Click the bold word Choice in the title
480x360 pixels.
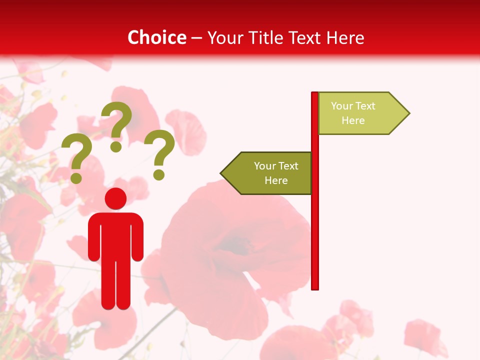[156, 37]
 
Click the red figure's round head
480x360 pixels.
[115, 198]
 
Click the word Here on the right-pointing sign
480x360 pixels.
[353, 120]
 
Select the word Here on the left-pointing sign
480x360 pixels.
[276, 180]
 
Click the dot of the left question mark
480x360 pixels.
[76, 177]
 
